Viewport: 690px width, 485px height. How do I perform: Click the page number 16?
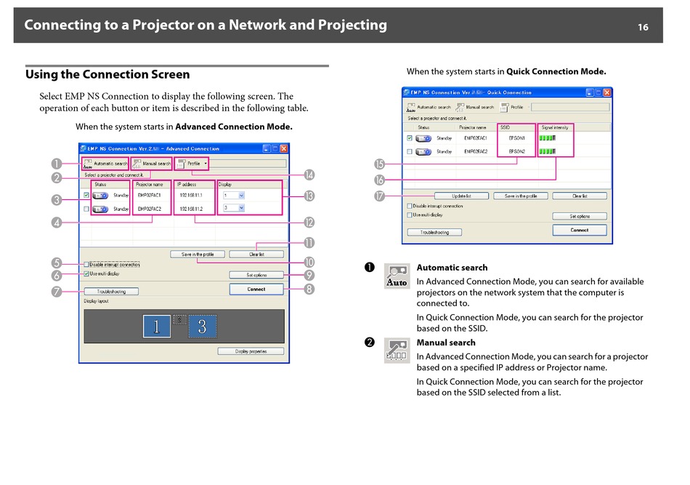[643, 28]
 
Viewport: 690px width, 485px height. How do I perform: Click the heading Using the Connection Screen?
[107, 74]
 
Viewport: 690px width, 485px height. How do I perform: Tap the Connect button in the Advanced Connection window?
[256, 289]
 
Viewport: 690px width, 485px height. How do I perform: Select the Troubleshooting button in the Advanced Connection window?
[111, 292]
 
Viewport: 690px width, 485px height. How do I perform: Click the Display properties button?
[251, 351]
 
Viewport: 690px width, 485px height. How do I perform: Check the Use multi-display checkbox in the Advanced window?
[86, 274]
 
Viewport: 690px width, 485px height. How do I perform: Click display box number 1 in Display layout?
[156, 326]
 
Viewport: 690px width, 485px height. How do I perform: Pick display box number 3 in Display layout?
[203, 326]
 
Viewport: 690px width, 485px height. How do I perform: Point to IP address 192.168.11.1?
[191, 195]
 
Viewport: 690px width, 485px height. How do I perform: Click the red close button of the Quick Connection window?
[607, 92]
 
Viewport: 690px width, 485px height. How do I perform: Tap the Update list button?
[461, 196]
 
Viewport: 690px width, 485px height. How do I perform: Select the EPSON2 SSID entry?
[518, 152]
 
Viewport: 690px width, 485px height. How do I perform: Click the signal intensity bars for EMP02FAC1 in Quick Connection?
[548, 137]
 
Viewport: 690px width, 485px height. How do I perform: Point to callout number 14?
[309, 175]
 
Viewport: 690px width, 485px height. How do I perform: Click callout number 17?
[379, 196]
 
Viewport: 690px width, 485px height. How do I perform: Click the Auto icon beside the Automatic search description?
[397, 276]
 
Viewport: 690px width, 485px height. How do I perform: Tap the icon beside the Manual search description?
[397, 351]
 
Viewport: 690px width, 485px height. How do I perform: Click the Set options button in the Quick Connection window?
[580, 216]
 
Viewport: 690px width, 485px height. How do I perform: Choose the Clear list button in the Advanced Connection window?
[256, 254]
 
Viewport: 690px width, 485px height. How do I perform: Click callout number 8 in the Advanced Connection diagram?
[309, 289]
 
